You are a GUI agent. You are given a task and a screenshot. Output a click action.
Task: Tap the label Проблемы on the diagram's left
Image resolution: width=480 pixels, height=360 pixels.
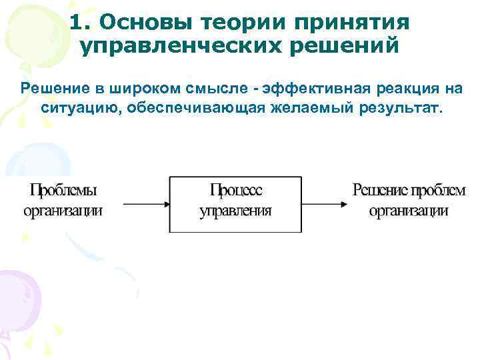point(63,190)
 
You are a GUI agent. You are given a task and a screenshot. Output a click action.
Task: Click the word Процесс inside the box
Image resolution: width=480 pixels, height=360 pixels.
point(236,190)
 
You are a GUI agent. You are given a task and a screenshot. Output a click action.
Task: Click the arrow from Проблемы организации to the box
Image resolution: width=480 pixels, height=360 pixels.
point(140,202)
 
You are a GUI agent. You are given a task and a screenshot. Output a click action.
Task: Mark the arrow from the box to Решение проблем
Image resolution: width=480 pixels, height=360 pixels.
point(324,202)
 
